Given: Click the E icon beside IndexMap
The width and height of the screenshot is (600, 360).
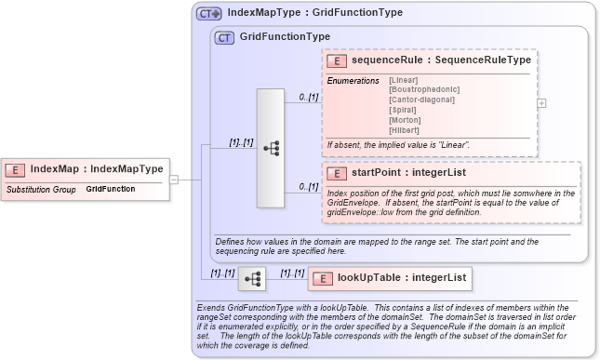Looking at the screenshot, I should [15, 169].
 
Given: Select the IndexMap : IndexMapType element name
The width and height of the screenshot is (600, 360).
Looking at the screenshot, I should [96, 169].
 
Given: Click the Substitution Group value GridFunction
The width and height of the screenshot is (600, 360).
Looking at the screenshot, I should [110, 189].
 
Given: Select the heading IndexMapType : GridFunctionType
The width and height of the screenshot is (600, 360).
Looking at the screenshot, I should [314, 14].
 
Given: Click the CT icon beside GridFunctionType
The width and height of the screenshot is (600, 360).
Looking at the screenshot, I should [224, 38].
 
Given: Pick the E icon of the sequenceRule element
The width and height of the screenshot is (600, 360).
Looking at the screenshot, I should [336, 60].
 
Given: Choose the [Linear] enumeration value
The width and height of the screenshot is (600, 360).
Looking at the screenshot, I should [405, 80].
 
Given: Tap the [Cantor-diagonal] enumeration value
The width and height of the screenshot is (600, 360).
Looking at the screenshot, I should [422, 100].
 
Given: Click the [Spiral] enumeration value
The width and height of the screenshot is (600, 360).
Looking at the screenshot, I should [404, 110].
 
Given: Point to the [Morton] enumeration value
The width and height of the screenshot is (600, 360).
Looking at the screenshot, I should [406, 120].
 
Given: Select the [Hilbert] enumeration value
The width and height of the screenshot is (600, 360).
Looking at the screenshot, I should [405, 130].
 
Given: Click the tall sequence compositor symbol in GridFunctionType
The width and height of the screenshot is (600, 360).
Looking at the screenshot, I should [271, 148].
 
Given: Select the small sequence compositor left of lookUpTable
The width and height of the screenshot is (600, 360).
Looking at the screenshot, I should [251, 278].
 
